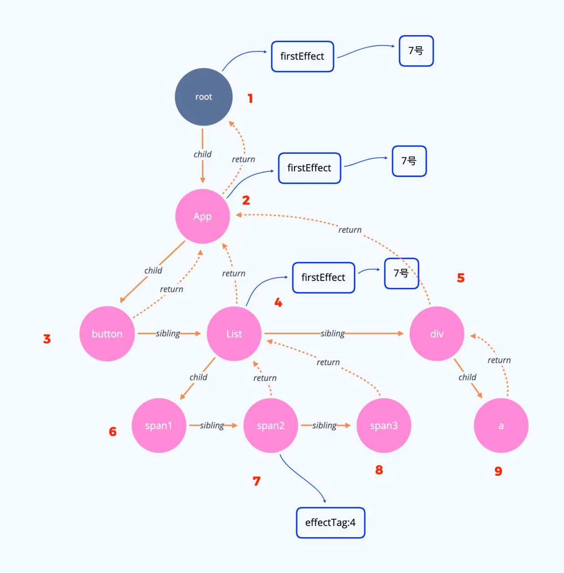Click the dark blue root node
click(203, 97)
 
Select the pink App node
click(202, 216)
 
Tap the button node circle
click(107, 334)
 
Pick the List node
click(234, 334)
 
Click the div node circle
click(437, 334)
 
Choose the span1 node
click(159, 426)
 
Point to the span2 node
click(271, 426)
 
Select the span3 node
click(383, 426)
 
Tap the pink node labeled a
click(501, 426)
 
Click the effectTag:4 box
click(330, 523)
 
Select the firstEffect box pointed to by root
click(302, 56)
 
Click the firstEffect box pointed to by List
click(323, 277)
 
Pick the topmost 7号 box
click(416, 51)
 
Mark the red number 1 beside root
click(250, 98)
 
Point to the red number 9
click(499, 471)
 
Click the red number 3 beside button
click(47, 339)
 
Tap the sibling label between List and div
click(332, 333)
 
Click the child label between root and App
click(202, 154)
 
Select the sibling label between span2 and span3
click(324, 425)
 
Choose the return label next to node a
click(499, 360)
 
